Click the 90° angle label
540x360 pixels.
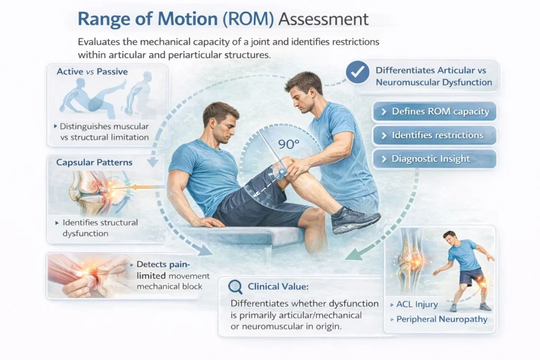(x=288, y=144)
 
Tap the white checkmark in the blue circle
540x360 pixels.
(x=358, y=72)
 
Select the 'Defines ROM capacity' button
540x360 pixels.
(x=435, y=112)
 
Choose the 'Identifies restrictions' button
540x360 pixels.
(x=435, y=135)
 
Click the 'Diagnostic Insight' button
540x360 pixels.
(x=435, y=159)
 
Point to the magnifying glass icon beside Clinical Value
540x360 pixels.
(x=235, y=287)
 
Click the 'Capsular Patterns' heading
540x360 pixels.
(x=94, y=162)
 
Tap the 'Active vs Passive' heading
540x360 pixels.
(x=92, y=72)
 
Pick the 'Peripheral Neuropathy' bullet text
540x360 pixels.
(x=441, y=319)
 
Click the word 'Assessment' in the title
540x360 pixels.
(x=323, y=19)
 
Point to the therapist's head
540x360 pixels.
(x=304, y=92)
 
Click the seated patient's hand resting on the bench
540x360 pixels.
(x=207, y=222)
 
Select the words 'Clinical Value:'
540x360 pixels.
(x=278, y=287)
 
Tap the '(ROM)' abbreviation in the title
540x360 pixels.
(x=248, y=19)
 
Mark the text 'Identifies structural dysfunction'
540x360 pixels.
(x=100, y=228)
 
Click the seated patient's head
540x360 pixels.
(x=221, y=122)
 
